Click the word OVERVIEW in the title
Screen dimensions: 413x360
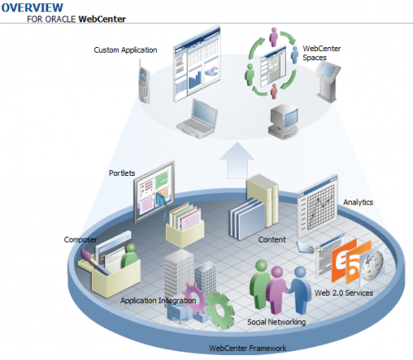(x=32, y=7)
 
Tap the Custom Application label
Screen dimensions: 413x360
(x=126, y=50)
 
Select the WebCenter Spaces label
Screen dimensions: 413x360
(x=321, y=53)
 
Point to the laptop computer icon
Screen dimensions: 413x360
(x=197, y=119)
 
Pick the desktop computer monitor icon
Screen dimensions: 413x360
(x=283, y=122)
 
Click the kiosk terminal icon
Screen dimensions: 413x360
(x=328, y=82)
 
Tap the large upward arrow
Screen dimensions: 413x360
(x=237, y=160)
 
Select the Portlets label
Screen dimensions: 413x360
(x=121, y=173)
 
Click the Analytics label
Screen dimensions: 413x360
(x=358, y=202)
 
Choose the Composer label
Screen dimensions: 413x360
(x=80, y=239)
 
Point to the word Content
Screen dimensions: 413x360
(x=272, y=239)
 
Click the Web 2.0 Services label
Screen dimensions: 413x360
(x=344, y=293)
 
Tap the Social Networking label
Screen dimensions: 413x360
(x=277, y=322)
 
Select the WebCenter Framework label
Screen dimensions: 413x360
(x=248, y=348)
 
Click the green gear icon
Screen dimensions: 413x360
(x=220, y=310)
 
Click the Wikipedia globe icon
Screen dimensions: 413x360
(x=373, y=266)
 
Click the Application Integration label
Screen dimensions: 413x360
(x=158, y=301)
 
